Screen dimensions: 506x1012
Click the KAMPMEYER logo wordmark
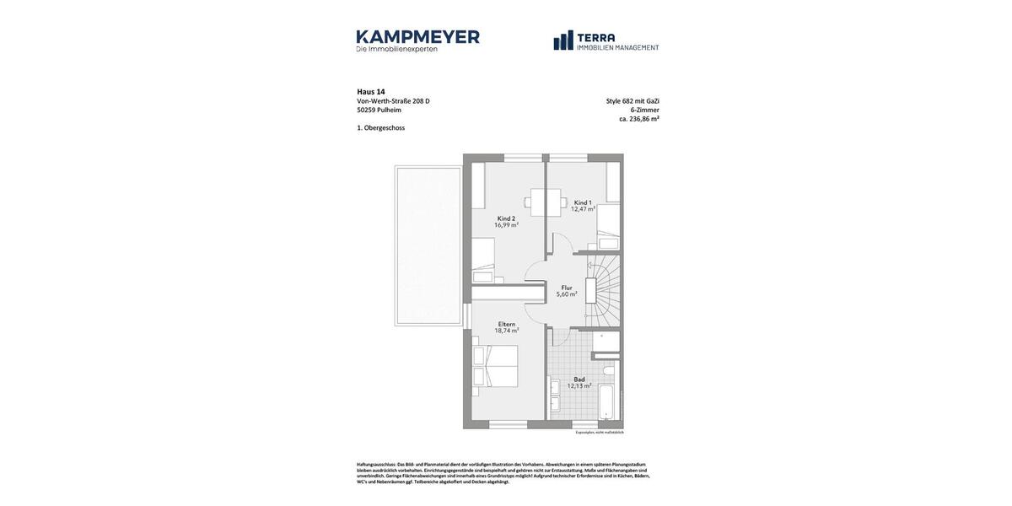[417, 37]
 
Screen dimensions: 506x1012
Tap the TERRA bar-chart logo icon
[563, 40]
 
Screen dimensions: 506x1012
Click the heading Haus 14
[371, 92]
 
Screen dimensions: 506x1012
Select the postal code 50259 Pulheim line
[379, 110]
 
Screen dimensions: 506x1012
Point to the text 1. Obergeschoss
[381, 128]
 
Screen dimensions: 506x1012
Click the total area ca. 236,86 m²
[638, 119]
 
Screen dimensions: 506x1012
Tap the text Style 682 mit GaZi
[632, 101]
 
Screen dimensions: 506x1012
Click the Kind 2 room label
[506, 218]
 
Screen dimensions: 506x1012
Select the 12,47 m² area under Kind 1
[583, 209]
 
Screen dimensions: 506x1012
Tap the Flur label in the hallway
[567, 288]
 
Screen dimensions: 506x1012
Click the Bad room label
[579, 379]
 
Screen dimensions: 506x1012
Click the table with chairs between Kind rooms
[545, 202]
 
